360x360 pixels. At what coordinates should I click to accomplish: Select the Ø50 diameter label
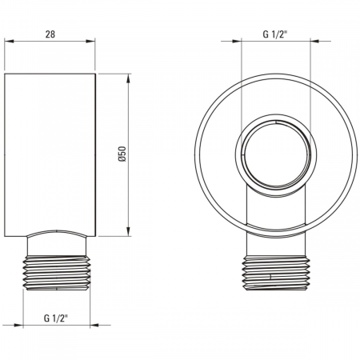(121, 154)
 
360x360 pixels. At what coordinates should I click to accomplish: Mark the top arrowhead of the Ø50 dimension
(128, 76)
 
